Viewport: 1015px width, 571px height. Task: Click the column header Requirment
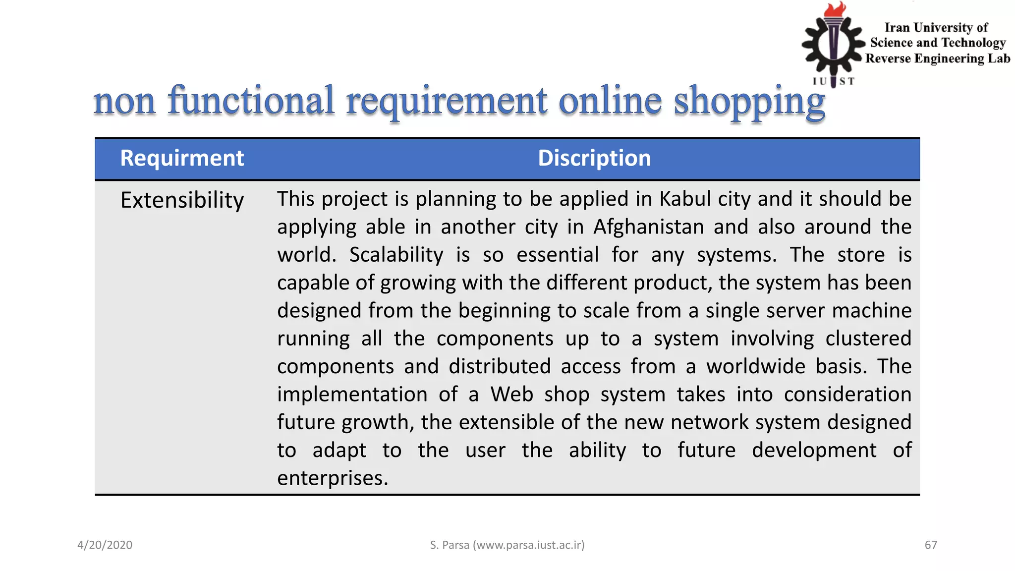(182, 159)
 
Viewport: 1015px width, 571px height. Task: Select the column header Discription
(594, 159)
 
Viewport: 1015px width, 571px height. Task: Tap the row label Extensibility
(182, 200)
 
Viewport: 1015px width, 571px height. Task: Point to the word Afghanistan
(648, 227)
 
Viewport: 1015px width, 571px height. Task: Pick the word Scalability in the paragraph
(396, 255)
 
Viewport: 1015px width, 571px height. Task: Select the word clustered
(868, 339)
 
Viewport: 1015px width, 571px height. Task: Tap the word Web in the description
(511, 395)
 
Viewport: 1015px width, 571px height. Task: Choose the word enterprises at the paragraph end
(332, 478)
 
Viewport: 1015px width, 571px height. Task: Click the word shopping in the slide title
(749, 101)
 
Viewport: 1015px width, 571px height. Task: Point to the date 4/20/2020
(105, 545)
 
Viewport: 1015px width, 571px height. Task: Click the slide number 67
(931, 545)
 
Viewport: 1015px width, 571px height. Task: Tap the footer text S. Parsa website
(507, 545)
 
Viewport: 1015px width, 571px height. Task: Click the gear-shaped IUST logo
(833, 47)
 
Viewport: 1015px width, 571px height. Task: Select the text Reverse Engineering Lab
(938, 58)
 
